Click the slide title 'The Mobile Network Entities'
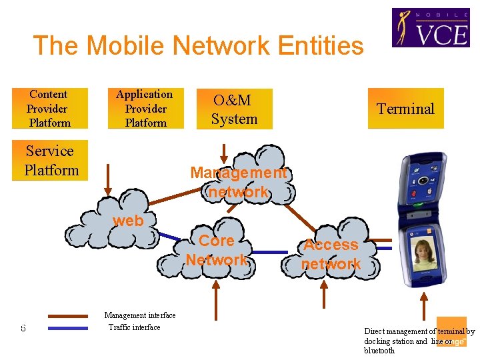click(x=199, y=46)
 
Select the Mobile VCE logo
click(x=430, y=28)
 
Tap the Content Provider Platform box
click(x=49, y=109)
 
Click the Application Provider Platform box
click(x=145, y=109)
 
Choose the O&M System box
click(x=234, y=109)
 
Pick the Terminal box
click(x=405, y=109)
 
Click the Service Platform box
click(x=51, y=161)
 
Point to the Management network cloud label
click(x=238, y=182)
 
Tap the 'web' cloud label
click(x=128, y=221)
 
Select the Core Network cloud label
click(x=217, y=250)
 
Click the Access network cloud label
click(x=331, y=254)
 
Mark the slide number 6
click(x=23, y=328)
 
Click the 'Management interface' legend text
click(x=140, y=315)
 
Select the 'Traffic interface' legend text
click(x=135, y=327)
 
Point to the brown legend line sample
click(x=68, y=316)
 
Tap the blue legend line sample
click(x=68, y=328)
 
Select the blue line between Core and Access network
click(x=270, y=253)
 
